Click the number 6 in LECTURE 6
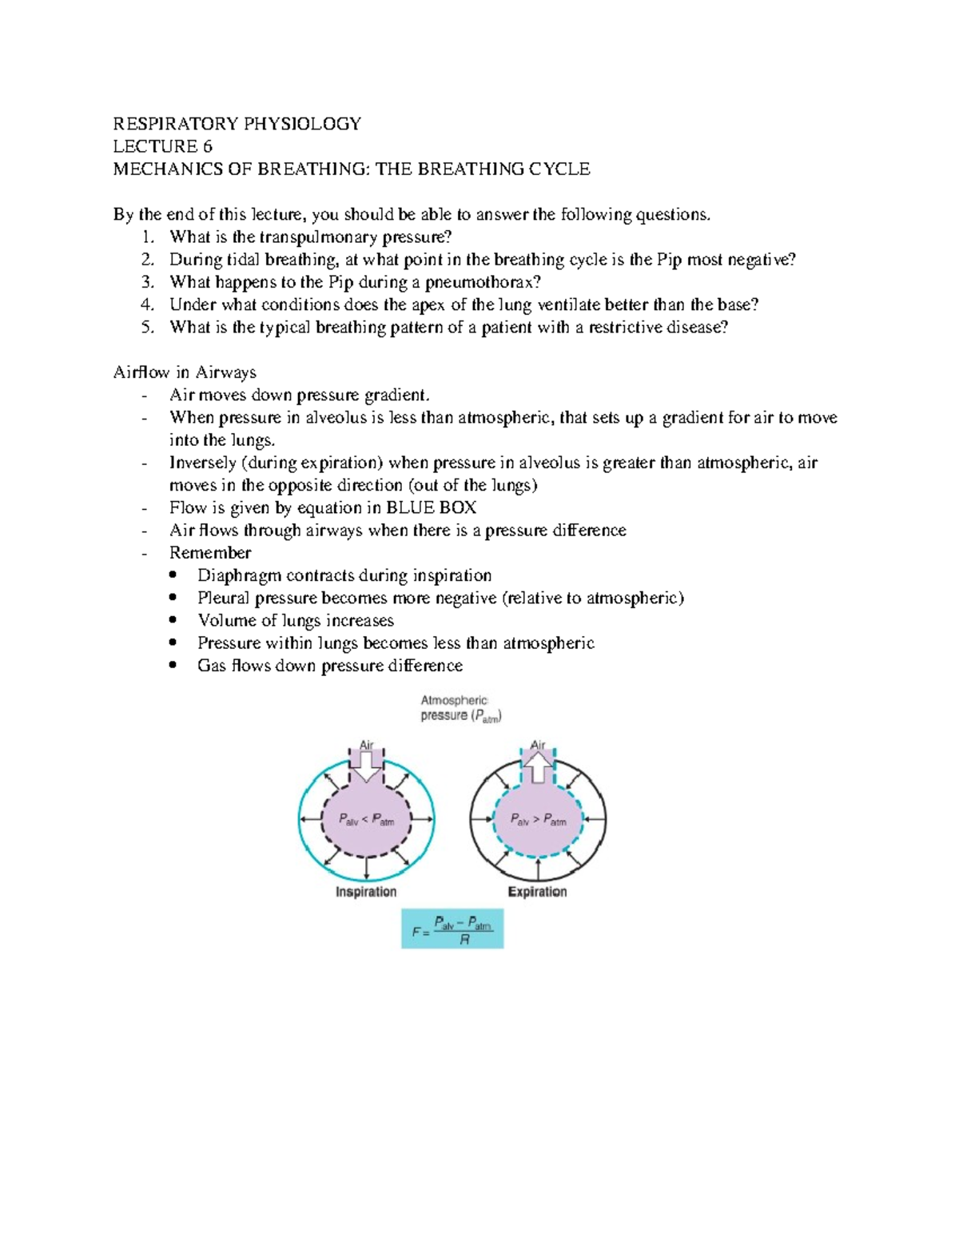(207, 146)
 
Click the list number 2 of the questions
(146, 260)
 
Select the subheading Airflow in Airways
(185, 372)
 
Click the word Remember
(210, 553)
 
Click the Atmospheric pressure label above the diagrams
(460, 708)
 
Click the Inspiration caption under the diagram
(366, 892)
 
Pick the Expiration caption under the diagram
(537, 892)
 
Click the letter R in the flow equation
(464, 941)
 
